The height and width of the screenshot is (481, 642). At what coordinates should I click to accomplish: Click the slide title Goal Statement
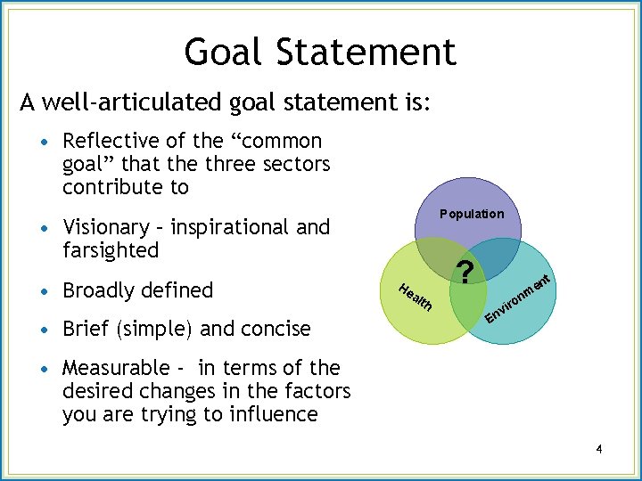coord(320,52)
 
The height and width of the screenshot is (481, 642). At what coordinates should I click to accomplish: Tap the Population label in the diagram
coord(472,214)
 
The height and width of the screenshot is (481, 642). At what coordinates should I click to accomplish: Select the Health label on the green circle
coord(416,297)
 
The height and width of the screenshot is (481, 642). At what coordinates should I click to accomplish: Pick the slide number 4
coord(599,450)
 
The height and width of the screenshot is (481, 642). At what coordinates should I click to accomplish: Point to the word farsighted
coord(111,250)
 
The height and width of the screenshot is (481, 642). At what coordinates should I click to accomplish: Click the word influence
coord(276,414)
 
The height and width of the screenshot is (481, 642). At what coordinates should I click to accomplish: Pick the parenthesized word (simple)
coord(151,329)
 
